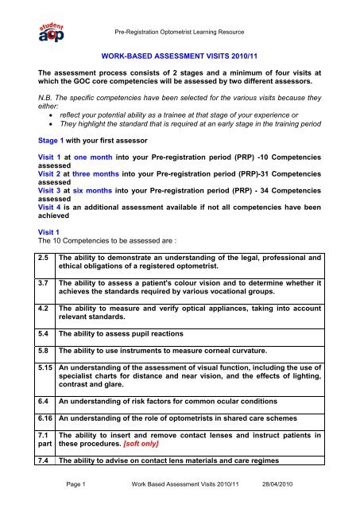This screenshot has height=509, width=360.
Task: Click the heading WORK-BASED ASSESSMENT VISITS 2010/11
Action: [x=180, y=57]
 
